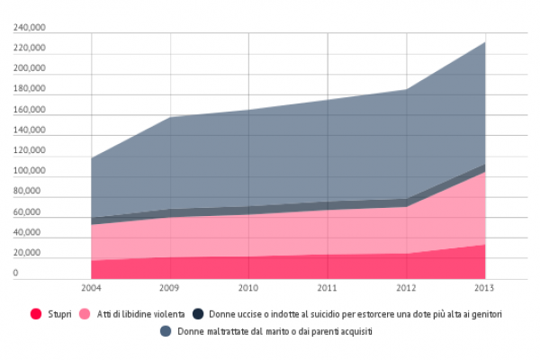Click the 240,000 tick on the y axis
29,28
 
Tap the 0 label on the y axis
15,274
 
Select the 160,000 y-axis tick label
29,110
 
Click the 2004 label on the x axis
91,289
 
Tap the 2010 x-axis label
249,289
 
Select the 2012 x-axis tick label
407,289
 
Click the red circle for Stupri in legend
36,314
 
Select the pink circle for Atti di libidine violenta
86,314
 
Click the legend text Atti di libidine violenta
141,314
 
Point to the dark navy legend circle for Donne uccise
198,314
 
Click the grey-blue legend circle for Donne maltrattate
166,331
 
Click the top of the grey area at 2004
92,158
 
